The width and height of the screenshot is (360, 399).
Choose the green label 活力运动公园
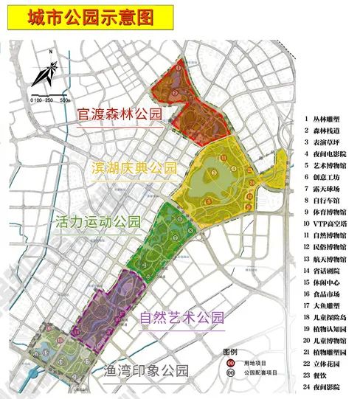pyautogui.click(x=97, y=221)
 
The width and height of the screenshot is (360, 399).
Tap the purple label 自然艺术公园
pyautogui.click(x=181, y=319)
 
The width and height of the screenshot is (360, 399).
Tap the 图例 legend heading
pyautogui.click(x=231, y=351)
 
